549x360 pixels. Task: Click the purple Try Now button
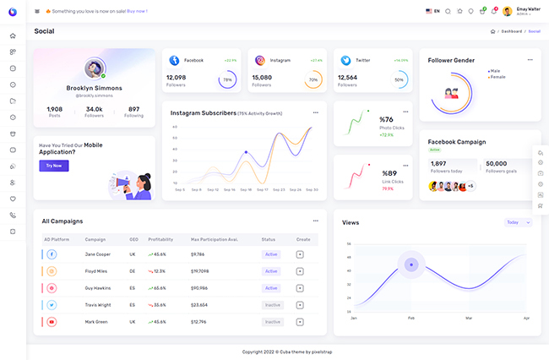pyautogui.click(x=54, y=166)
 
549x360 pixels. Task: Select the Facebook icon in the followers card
pyautogui.click(x=174, y=61)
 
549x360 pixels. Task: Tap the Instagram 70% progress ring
pyautogui.click(x=313, y=80)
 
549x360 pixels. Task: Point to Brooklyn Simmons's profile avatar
pyautogui.click(x=94, y=68)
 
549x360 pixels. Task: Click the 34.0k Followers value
pyautogui.click(x=95, y=109)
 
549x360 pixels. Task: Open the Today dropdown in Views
pyautogui.click(x=518, y=222)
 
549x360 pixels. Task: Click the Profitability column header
pyautogui.click(x=160, y=239)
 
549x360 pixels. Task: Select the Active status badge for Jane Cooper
pyautogui.click(x=271, y=254)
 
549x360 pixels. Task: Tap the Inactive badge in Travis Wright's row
pyautogui.click(x=272, y=305)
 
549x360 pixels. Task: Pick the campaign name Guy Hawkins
pyautogui.click(x=98, y=288)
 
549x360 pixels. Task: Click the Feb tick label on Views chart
pyautogui.click(x=411, y=318)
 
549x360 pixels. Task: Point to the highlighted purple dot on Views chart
pyautogui.click(x=411, y=265)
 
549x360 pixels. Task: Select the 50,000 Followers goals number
pyautogui.click(x=497, y=164)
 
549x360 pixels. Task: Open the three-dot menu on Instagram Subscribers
pyautogui.click(x=316, y=112)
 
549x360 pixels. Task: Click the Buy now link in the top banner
pyautogui.click(x=137, y=11)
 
